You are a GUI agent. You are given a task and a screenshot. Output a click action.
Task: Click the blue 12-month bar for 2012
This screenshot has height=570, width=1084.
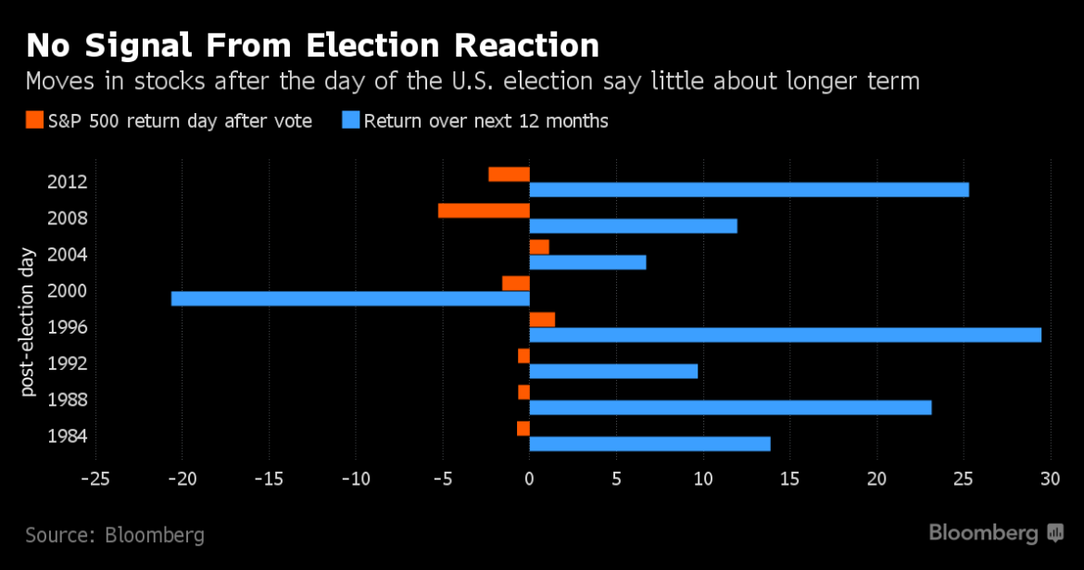tap(749, 190)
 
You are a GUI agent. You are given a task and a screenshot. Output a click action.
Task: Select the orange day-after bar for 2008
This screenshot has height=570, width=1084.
tap(484, 210)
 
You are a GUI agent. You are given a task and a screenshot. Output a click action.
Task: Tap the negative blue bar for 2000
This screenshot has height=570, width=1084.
tap(350, 298)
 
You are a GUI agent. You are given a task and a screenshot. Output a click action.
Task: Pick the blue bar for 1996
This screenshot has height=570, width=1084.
tap(785, 335)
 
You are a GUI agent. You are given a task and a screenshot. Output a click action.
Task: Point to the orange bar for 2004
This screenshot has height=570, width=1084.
tap(539, 247)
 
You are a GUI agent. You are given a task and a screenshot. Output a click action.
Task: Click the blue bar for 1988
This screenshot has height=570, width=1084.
tap(730, 407)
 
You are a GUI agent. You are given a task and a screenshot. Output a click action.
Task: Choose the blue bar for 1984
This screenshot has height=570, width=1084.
tap(649, 444)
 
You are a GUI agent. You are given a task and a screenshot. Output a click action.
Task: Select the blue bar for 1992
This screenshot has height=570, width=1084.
tap(613, 371)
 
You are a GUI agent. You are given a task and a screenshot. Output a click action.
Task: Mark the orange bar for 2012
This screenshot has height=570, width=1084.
tap(509, 174)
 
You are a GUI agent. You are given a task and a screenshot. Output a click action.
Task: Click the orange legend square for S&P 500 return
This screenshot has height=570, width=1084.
tap(34, 120)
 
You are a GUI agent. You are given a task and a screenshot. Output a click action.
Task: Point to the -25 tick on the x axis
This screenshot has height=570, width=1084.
tap(95, 478)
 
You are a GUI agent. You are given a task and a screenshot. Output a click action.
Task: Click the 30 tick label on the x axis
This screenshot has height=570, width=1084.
tap(1050, 478)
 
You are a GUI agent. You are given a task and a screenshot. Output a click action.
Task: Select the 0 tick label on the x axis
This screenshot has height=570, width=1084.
tap(529, 478)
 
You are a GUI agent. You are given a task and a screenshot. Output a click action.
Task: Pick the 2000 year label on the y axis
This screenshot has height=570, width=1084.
tap(67, 291)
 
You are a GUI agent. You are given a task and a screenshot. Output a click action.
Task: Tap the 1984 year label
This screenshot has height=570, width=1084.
tap(67, 437)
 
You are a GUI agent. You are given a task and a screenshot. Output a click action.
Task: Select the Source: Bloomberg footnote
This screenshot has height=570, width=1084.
tap(115, 535)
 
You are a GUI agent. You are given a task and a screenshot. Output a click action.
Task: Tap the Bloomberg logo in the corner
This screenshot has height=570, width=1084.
tap(996, 533)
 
